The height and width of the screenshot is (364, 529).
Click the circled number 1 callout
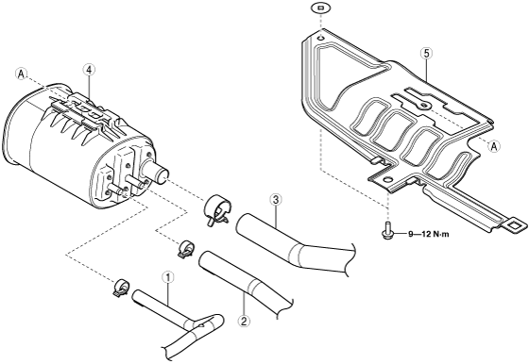click(168, 278)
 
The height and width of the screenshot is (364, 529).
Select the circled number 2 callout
click(244, 321)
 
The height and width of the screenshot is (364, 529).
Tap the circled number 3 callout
click(276, 200)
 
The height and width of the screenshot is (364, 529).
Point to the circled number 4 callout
click(89, 70)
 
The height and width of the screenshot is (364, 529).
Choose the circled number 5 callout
click(426, 53)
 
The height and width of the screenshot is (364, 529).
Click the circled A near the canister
click(21, 74)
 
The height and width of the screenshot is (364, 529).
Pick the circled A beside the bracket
click(494, 146)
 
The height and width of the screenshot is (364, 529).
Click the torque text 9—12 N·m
click(429, 234)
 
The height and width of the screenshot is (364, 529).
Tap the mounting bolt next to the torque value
click(388, 230)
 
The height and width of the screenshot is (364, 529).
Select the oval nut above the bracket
click(321, 8)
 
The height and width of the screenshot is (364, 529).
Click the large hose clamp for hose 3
click(217, 209)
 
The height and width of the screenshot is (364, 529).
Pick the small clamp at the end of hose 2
click(185, 250)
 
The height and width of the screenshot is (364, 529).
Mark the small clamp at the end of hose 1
click(121, 289)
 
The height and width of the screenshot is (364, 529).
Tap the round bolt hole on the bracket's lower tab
click(388, 179)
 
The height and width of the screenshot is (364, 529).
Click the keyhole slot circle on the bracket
click(425, 106)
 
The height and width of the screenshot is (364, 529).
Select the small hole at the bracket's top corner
click(320, 38)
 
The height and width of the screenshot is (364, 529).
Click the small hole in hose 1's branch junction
click(201, 325)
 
